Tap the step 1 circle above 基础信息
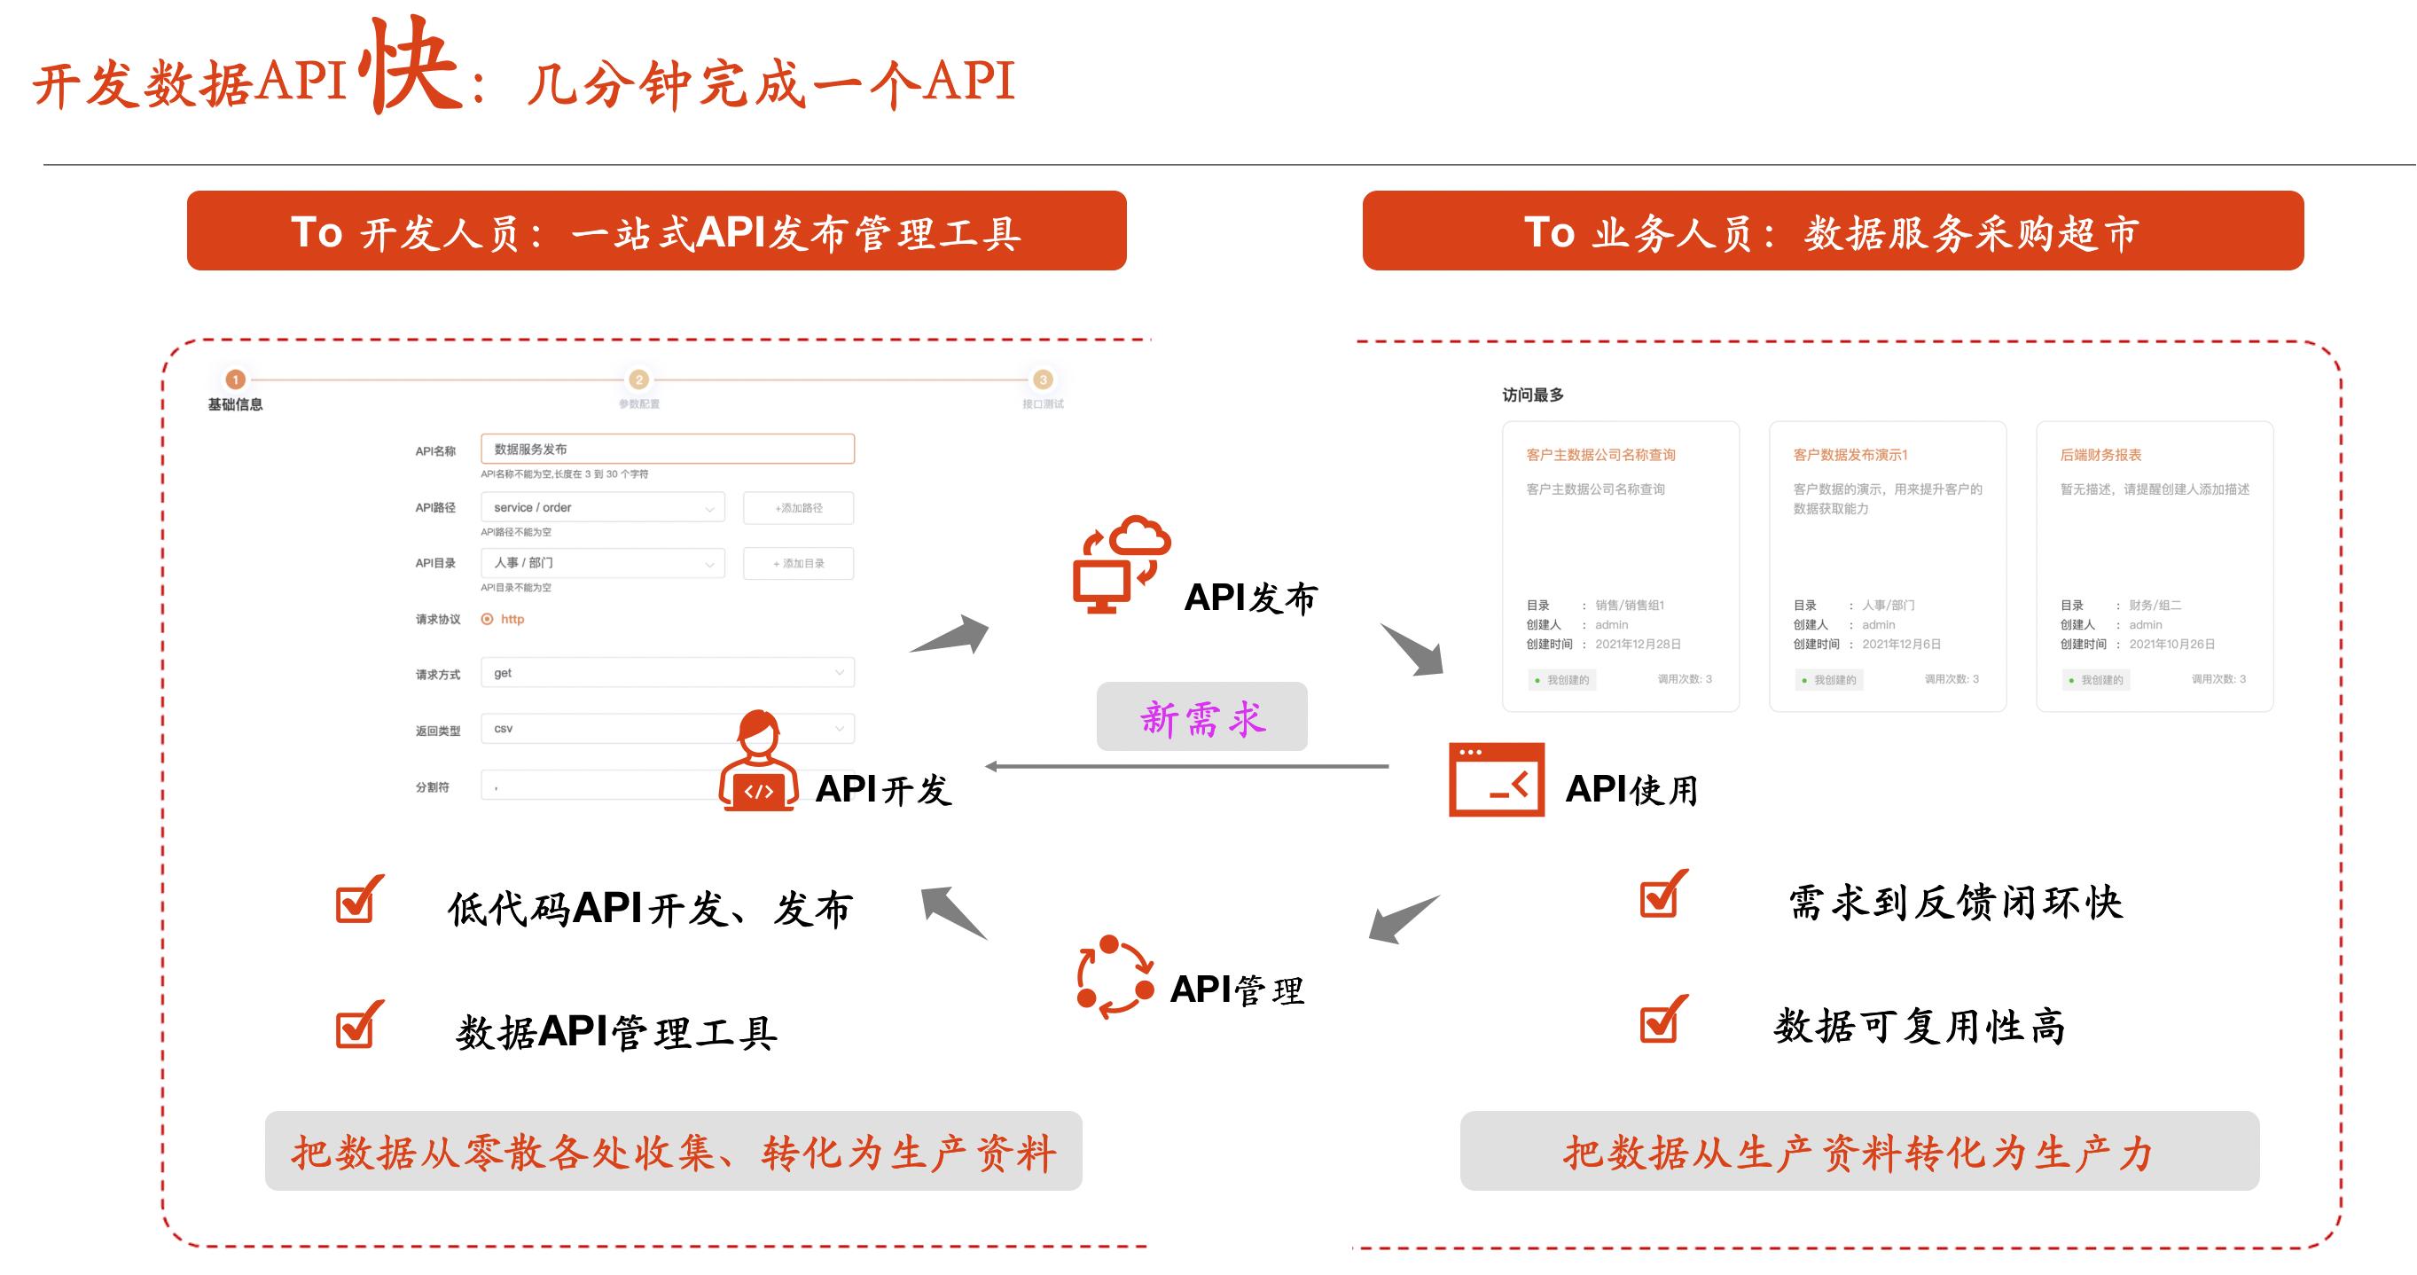point(236,379)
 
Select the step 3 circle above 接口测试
point(1043,379)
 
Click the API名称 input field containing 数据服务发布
point(667,449)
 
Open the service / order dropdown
point(602,507)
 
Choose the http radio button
point(487,619)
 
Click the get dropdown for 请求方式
point(667,673)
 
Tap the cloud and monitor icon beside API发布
point(1122,564)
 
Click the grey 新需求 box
point(1201,716)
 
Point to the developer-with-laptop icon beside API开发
point(758,761)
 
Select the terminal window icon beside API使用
point(1497,779)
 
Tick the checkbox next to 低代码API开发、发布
point(356,902)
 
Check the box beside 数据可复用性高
point(1661,1021)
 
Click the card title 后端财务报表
point(2100,455)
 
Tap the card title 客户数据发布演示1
point(1850,455)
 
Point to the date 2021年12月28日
point(1639,645)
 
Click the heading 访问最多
point(1533,395)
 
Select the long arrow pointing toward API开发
point(1187,766)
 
